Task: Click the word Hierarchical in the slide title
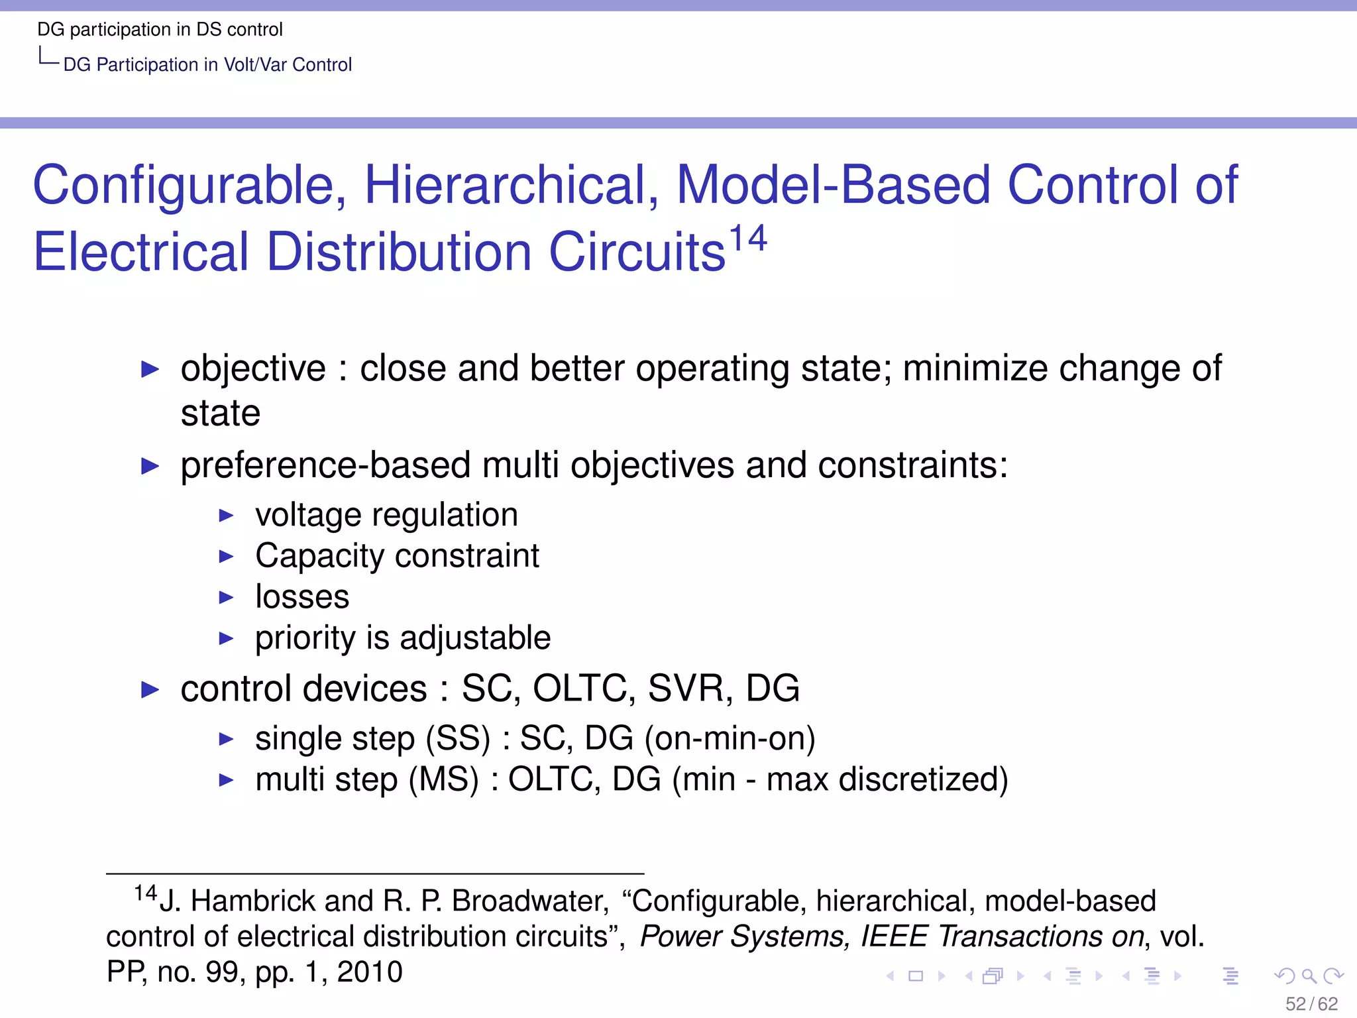510,185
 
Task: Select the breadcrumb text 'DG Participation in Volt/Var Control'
207,65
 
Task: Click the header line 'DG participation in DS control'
160,30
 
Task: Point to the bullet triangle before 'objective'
150,369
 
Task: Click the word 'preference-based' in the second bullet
325,465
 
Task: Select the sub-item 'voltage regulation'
386,515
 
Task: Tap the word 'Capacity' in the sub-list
319,556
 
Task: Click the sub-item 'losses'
302,597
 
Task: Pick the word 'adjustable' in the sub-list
475,638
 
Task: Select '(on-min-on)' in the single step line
730,738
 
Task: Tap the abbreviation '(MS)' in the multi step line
443,779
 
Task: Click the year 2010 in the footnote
370,972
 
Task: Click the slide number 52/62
1311,1004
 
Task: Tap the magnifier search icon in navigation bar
1309,976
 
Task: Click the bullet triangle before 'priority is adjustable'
227,639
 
